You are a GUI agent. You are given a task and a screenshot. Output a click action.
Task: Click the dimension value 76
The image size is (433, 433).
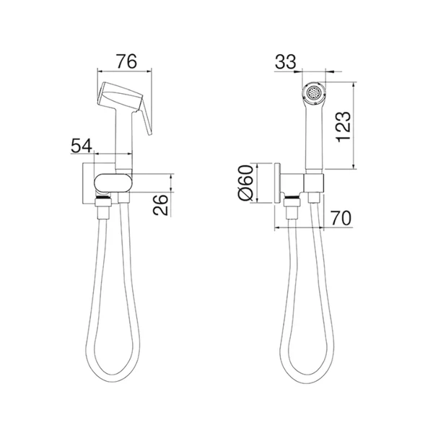(x=126, y=61)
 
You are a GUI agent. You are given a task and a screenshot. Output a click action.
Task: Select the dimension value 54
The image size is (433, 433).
(x=82, y=146)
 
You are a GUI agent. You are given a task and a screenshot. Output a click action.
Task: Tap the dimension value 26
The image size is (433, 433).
(x=160, y=205)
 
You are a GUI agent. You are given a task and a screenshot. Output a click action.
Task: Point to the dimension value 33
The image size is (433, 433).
(x=285, y=61)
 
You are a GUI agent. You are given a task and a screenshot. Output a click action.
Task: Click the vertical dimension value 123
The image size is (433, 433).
(x=344, y=127)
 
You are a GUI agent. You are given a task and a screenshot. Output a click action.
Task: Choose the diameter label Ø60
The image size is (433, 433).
(x=245, y=183)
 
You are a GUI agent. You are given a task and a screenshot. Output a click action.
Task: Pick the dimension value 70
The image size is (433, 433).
(x=341, y=218)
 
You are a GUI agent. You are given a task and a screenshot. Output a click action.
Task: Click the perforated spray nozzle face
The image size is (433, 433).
(x=314, y=93)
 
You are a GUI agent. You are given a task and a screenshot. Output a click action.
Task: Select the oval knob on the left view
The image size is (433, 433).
(x=113, y=183)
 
